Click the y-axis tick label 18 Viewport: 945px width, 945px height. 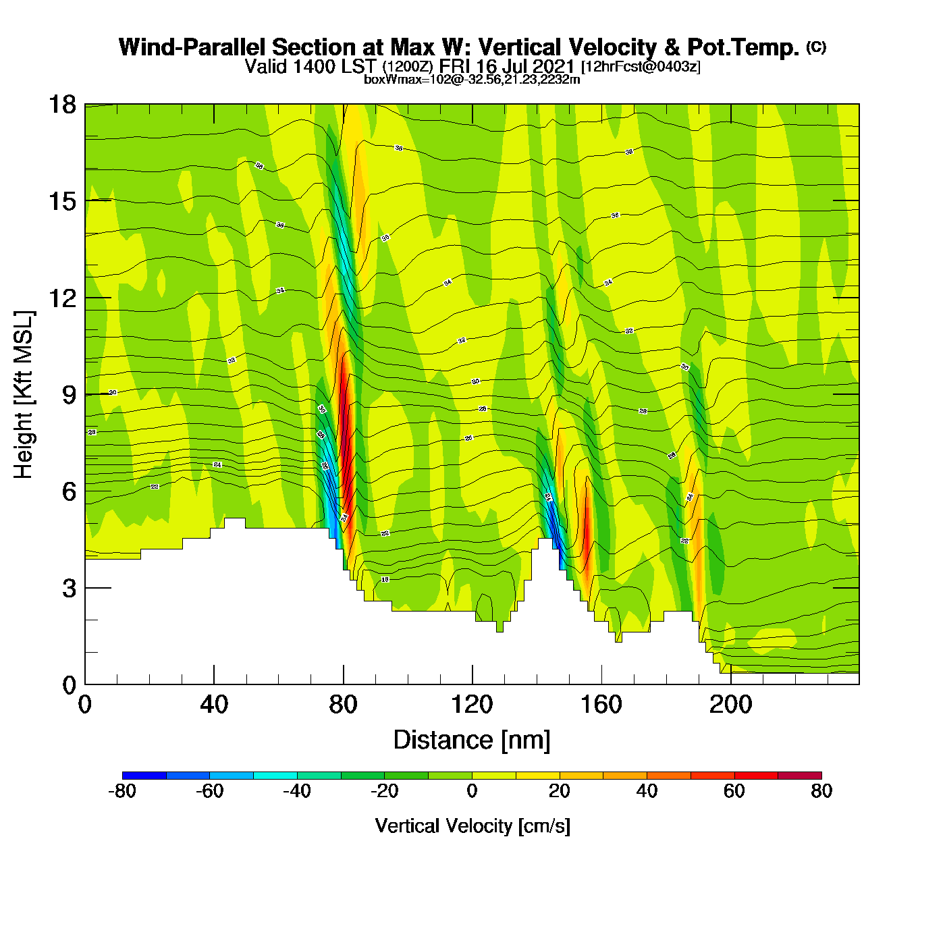[61, 105]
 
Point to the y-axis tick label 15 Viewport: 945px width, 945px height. [61, 201]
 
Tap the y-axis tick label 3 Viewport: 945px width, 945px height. [69, 589]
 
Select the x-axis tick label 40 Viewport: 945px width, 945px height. [214, 705]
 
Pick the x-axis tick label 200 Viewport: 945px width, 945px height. [730, 705]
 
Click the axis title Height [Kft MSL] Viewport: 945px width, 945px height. [24, 395]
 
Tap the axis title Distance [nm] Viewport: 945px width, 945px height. [472, 740]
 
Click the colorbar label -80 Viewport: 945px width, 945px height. [122, 792]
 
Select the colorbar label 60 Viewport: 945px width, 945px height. [734, 792]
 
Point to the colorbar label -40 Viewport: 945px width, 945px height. [297, 792]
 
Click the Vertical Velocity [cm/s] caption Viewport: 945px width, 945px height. [472, 826]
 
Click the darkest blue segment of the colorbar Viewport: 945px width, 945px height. [144, 775]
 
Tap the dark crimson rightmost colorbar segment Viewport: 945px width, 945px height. [800, 775]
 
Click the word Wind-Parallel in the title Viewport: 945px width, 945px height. [193, 48]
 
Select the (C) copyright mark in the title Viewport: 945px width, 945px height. [816, 47]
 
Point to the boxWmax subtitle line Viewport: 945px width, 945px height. [472, 80]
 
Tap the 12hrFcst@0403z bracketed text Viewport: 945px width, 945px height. [641, 67]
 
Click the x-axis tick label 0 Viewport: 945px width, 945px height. [85, 705]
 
